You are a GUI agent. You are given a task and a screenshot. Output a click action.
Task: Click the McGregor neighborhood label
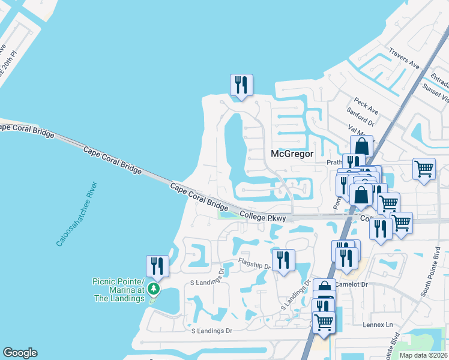(292, 154)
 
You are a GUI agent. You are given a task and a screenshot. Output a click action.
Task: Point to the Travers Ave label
(404, 58)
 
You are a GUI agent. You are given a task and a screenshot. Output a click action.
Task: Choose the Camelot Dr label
(351, 285)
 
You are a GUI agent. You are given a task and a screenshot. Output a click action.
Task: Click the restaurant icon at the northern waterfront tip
(241, 84)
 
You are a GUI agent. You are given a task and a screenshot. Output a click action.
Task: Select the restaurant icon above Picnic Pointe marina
(157, 265)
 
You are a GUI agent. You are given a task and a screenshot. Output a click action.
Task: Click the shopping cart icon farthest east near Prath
(424, 169)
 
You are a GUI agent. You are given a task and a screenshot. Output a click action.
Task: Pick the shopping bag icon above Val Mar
(361, 145)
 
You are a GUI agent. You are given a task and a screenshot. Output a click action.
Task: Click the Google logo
(20, 353)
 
